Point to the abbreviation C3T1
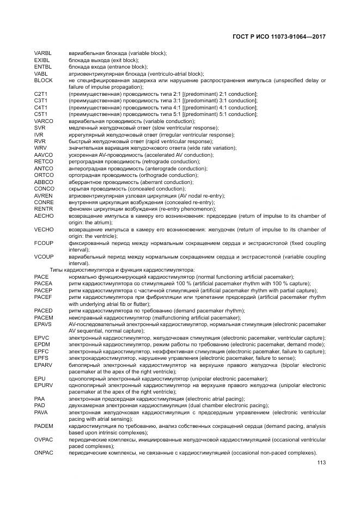[41, 101]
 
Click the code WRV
[40, 148]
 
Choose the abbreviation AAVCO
[43, 155]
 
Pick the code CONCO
[43, 189]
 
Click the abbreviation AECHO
[43, 216]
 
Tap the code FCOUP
[43, 243]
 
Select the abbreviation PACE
[41, 277]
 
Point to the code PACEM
[43, 317]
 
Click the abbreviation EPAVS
[42, 324]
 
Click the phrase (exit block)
[125, 60]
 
